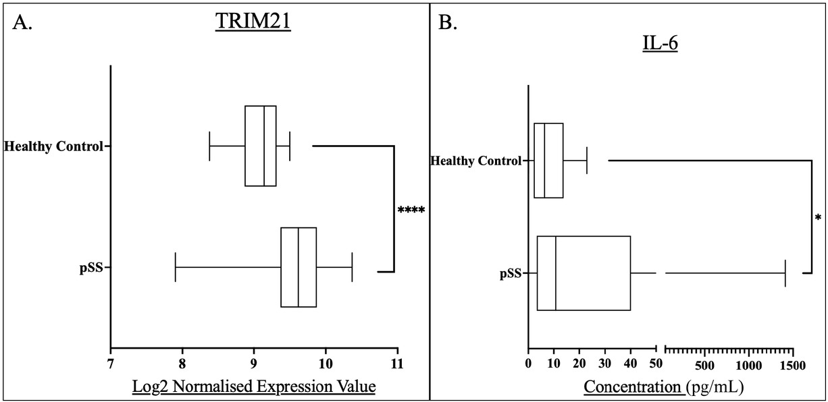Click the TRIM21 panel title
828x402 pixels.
[x=253, y=22]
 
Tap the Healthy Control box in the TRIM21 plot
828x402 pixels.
[x=261, y=146]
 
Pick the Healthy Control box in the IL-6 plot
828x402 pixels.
[x=548, y=161]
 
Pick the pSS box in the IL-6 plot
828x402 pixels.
[x=584, y=272]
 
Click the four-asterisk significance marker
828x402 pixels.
[x=411, y=211]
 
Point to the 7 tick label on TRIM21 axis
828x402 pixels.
[x=111, y=365]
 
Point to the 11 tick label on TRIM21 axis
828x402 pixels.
[x=397, y=365]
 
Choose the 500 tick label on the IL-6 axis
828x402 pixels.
[x=705, y=365]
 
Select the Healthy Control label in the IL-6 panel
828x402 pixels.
[x=475, y=161]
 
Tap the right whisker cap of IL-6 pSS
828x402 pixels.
[x=785, y=272]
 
